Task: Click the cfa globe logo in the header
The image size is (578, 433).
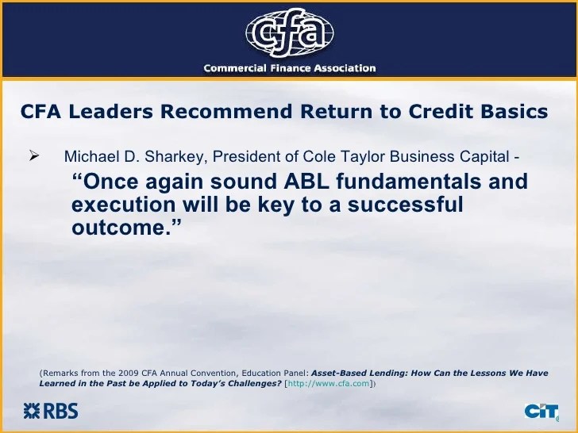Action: [290, 33]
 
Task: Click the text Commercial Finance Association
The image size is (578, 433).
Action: [290, 68]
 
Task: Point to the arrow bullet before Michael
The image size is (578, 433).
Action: [33, 156]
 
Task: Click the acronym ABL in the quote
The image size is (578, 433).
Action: [306, 182]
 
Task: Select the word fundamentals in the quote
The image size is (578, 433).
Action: [408, 182]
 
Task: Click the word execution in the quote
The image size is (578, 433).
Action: [124, 205]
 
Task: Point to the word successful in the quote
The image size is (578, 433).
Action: [405, 205]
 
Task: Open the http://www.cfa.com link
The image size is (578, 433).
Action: [329, 383]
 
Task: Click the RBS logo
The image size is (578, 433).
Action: [51, 411]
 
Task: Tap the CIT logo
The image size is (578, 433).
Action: [541, 412]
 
